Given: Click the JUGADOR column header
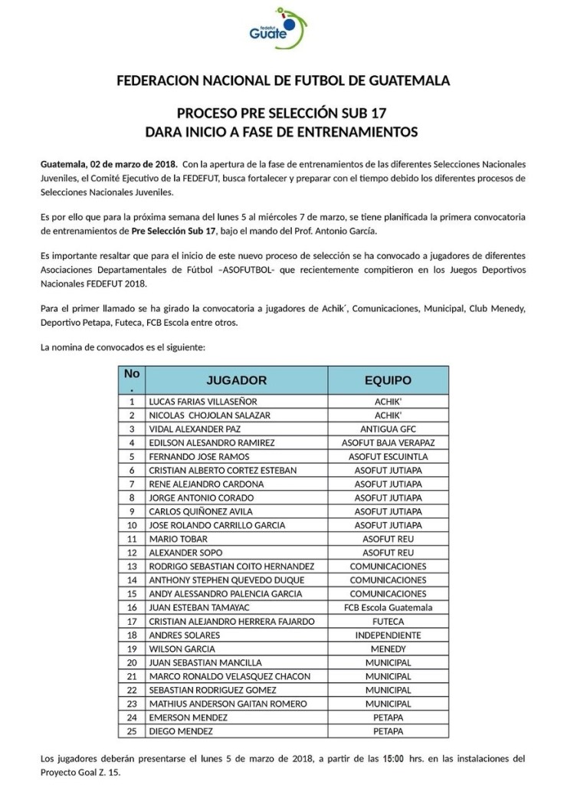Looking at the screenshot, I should (237, 380).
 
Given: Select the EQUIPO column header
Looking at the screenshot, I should (388, 380).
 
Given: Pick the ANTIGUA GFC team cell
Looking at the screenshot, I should (388, 429).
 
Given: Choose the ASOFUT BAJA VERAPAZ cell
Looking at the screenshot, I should (388, 442).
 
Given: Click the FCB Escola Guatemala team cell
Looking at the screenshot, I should (388, 607).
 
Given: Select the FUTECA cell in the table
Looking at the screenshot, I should (388, 621).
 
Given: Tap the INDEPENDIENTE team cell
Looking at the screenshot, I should (388, 635).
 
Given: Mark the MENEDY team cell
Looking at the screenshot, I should (388, 649).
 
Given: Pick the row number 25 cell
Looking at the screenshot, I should (132, 731).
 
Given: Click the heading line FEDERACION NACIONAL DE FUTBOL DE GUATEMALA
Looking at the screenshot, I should (282, 81).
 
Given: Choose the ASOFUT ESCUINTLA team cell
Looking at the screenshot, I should (388, 456).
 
